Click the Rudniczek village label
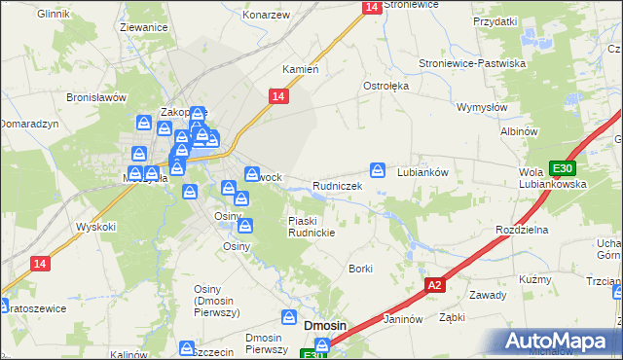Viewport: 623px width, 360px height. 337,185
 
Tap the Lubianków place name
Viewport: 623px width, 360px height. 421,171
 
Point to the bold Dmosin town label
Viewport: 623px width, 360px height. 327,326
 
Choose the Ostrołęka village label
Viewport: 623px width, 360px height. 385,86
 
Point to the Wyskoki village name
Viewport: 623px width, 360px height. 96,227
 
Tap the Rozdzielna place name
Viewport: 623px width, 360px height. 523,229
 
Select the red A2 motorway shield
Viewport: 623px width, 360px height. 435,285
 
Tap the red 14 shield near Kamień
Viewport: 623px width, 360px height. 277,95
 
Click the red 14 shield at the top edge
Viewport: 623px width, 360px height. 371,7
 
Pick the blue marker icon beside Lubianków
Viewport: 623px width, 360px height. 378,169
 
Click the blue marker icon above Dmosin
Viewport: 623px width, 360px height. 289,317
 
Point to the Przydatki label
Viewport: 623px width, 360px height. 495,20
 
